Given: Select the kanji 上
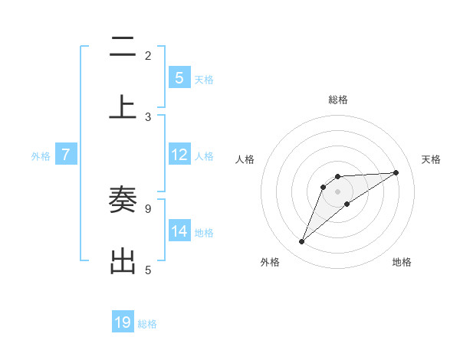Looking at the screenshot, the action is coord(123,106).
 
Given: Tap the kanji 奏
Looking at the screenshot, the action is coord(123,200).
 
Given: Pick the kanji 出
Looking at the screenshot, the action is coord(123,260).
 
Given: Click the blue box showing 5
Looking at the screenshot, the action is coord(179,77).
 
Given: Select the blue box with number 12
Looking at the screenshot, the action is coord(179,155).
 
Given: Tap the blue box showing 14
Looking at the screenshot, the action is coord(179,231).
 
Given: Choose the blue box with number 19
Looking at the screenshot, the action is coord(123,322).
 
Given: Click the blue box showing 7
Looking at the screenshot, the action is coord(66,155).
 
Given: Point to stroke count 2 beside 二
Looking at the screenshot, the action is coord(148,56).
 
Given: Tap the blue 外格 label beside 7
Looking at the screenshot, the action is coord(41,155).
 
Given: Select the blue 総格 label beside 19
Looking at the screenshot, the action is coord(147,323).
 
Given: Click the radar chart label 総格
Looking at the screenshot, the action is coord(338,100).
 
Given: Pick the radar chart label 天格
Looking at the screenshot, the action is coord(431,159).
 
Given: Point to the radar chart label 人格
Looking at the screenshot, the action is coord(245,159).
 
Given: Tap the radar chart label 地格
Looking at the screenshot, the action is coord(402,262).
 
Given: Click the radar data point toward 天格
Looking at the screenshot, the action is coord(396,172).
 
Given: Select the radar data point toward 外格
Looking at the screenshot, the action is coord(301,242).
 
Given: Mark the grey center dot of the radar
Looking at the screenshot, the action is coord(338,191).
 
